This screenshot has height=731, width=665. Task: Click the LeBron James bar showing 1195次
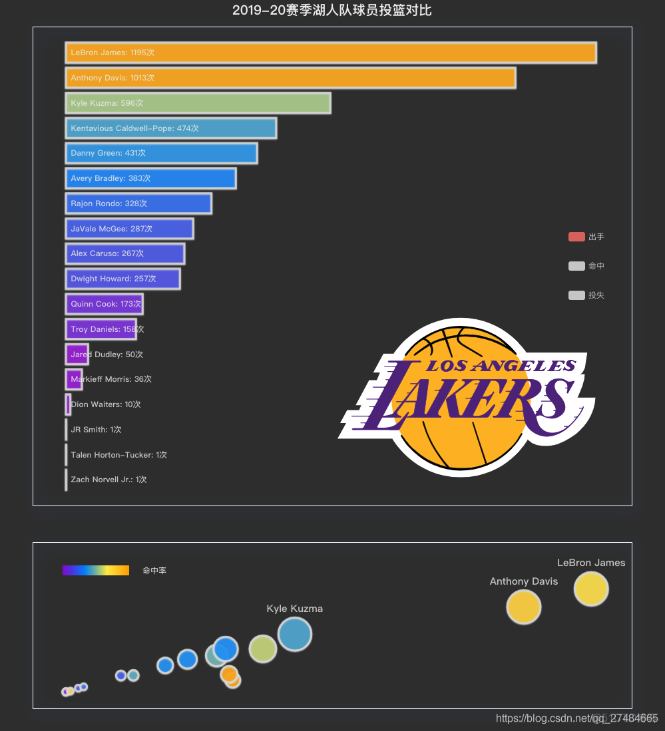pos(331,53)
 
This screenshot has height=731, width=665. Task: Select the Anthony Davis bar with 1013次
pos(290,78)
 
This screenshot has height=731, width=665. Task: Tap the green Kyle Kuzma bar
pos(198,103)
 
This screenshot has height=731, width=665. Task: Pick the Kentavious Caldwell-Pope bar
pos(171,128)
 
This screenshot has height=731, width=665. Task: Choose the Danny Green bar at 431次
pos(161,153)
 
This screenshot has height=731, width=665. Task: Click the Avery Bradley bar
pos(150,178)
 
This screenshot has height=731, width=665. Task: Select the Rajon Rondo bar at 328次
pos(138,204)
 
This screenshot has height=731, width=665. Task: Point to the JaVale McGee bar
pos(129,229)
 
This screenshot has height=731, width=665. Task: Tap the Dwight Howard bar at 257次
pos(122,279)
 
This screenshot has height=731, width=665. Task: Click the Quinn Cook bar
pos(104,304)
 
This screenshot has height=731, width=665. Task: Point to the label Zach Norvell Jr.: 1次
pos(109,480)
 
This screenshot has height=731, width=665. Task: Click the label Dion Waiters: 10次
pos(106,404)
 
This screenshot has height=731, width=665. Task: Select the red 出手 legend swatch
pos(576,237)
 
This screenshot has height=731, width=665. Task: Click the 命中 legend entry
pos(586,266)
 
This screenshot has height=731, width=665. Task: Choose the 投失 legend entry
pos(586,295)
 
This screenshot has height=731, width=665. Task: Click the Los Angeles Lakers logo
pos(466,398)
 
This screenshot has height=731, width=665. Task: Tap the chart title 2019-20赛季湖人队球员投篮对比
pos(332,11)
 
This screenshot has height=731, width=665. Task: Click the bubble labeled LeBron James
pos(591,589)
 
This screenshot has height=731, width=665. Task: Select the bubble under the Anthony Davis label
pos(523,607)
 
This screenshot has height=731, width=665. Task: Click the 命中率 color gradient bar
pos(96,571)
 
